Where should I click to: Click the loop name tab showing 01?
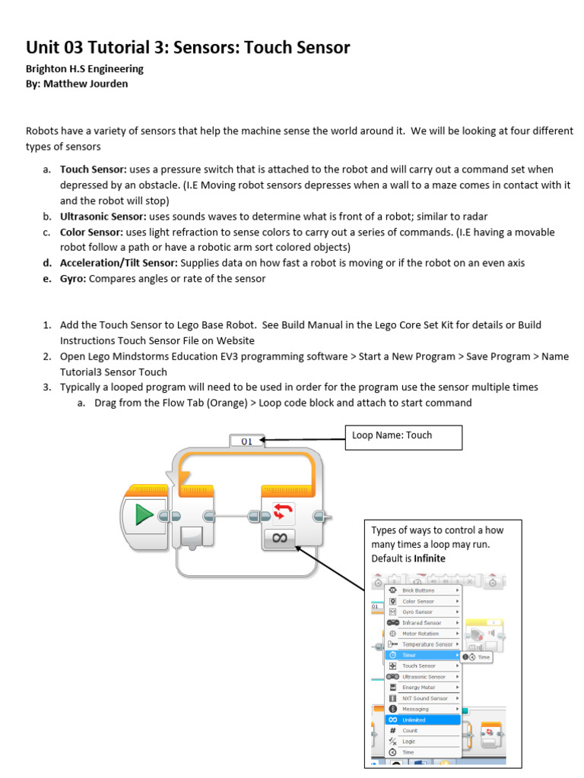[x=246, y=440]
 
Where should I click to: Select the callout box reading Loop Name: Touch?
[x=402, y=436]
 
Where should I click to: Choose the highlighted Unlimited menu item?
[x=423, y=719]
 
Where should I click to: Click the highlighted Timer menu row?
[x=423, y=655]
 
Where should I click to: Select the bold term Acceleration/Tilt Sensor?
[x=119, y=263]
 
